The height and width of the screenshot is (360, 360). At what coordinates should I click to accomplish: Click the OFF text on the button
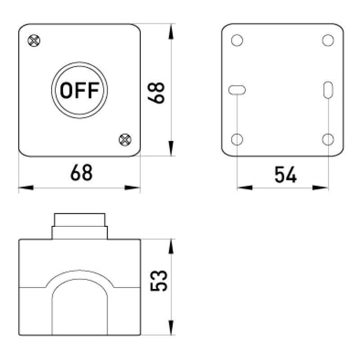point(80,90)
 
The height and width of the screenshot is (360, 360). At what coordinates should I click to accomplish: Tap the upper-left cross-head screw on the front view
point(34,40)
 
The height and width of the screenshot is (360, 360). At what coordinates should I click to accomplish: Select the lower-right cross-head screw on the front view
point(125,140)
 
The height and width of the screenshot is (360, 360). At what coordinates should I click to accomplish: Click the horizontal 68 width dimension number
point(81,172)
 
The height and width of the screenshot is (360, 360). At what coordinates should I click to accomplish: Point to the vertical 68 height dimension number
point(156,93)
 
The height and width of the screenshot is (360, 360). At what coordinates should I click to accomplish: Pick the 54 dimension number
point(286,175)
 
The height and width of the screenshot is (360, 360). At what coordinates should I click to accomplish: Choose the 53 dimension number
point(159,280)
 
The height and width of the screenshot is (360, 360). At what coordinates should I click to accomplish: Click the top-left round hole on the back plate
point(237,40)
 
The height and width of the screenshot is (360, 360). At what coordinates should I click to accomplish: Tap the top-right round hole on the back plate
point(328,40)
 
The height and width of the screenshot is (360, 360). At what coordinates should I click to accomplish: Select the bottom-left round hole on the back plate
point(237,139)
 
